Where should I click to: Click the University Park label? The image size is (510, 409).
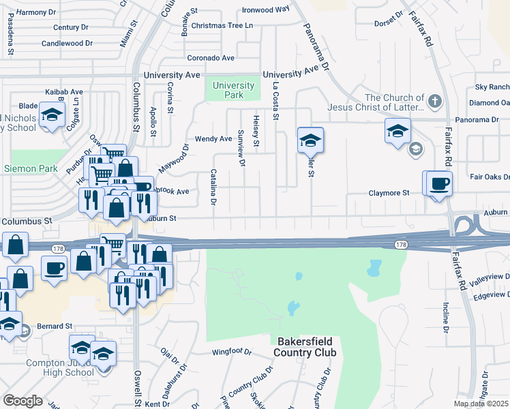pos(233,90)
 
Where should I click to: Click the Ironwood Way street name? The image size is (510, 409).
pos(267,10)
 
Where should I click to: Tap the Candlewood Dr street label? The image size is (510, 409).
pos(67,43)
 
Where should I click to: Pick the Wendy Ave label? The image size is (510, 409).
pos(213,138)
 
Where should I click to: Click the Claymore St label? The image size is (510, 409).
pos(389,193)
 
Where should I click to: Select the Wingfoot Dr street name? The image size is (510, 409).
pos(231,353)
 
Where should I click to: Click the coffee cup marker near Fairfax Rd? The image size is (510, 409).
pos(438,183)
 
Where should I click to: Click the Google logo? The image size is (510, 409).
pos(22,401)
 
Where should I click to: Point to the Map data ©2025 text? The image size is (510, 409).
pos(480,404)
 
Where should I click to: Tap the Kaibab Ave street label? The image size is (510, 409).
pos(63,91)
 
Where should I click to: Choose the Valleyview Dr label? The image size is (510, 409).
pos(486,277)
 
